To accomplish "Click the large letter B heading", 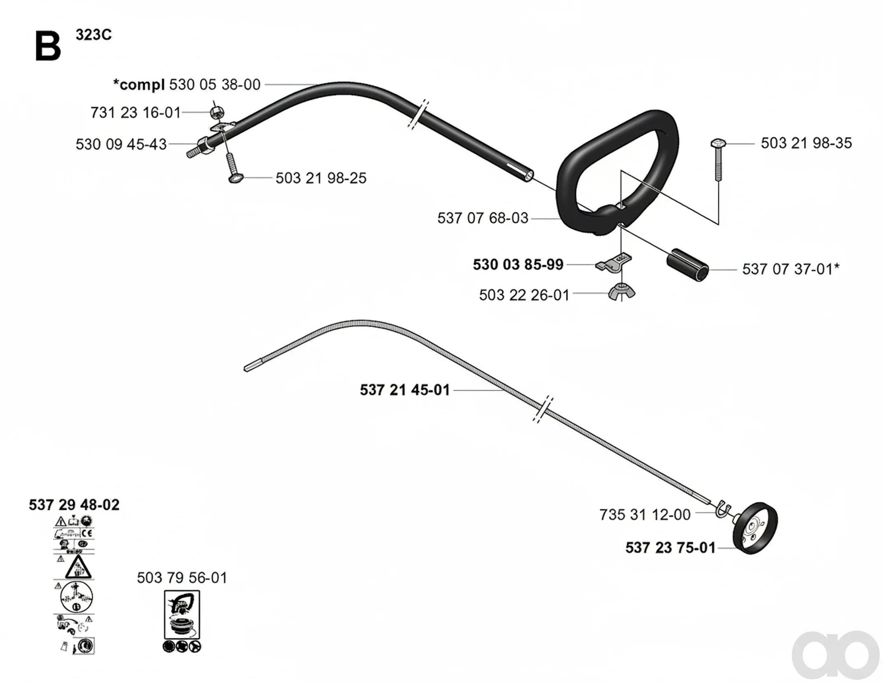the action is tap(48, 47).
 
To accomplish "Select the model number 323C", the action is tap(94, 35).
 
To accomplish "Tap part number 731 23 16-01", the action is tap(136, 112).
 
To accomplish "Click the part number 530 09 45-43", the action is tap(121, 144).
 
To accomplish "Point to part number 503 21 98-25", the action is tap(321, 178).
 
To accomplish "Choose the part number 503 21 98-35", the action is tap(806, 143).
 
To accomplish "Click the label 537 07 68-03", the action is tap(483, 218).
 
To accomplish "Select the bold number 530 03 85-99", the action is tap(518, 265).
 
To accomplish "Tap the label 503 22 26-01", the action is tap(524, 295).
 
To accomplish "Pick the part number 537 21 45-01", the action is tap(405, 390).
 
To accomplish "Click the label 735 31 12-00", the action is tap(645, 515).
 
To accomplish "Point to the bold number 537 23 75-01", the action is tap(671, 548).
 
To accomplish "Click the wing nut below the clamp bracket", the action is tap(622, 291).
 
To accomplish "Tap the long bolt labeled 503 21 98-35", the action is tap(718, 160).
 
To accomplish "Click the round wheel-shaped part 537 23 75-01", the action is tap(755, 528).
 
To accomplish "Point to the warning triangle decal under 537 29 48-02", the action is tap(78, 567).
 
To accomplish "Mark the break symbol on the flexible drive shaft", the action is tap(543, 409).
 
